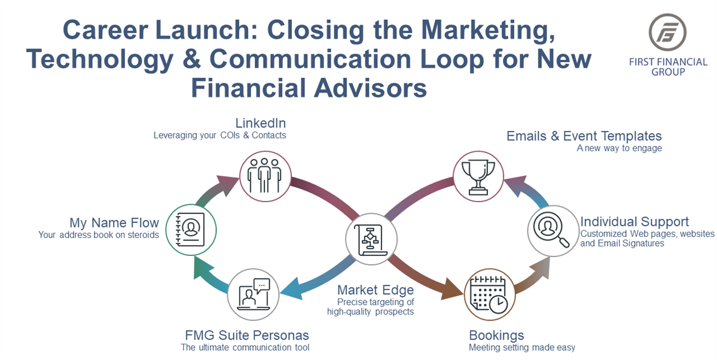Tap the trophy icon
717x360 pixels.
coord(478,176)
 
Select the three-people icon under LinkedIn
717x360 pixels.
coord(265,176)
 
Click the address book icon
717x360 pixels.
coord(191,230)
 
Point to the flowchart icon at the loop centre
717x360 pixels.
coord(371,239)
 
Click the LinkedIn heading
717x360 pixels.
coord(261,123)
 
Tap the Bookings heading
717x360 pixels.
coord(496,335)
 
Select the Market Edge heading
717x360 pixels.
coord(376,290)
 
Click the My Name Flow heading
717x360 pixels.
coord(114,223)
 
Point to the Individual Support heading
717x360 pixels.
coord(634,222)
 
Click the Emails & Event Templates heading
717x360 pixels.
coord(584,136)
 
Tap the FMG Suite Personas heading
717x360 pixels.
coord(247,335)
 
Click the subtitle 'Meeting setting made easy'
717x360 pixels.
coord(522,347)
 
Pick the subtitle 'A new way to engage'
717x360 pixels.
coord(619,148)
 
